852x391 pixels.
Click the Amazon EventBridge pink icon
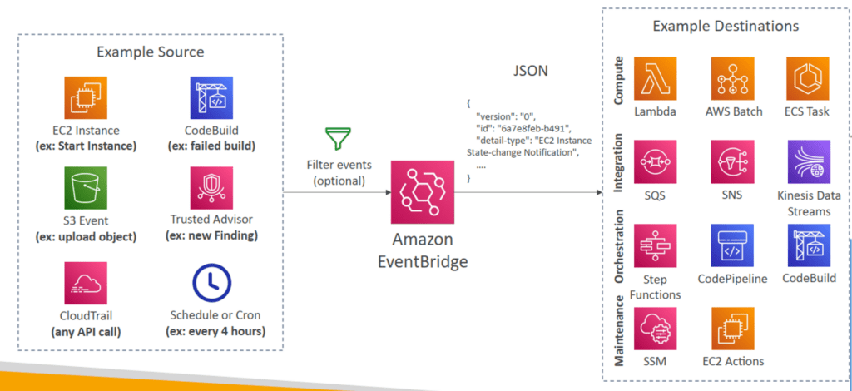pos(422,191)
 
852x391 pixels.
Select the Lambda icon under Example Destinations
pos(655,78)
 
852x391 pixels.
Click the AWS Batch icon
pos(732,78)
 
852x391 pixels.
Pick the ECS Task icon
pos(807,78)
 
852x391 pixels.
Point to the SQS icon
pos(655,161)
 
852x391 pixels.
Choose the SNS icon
pos(732,161)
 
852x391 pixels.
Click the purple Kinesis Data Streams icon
pos(809,161)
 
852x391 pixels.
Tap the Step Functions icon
pos(655,245)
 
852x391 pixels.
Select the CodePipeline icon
pos(732,245)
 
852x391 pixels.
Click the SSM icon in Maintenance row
pos(655,329)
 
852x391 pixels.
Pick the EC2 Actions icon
pos(732,329)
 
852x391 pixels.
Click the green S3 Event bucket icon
pos(86,188)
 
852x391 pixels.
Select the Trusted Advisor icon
pos(211,188)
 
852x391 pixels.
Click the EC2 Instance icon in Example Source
pos(86,98)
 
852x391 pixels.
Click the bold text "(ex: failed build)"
pos(211,146)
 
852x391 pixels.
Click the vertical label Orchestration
pos(619,245)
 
